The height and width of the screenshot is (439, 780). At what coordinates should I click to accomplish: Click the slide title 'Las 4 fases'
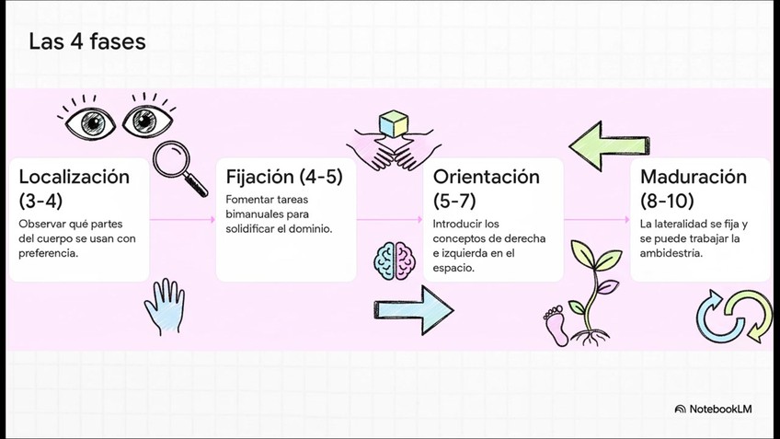point(86,41)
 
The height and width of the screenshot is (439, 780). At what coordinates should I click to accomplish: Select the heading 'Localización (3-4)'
point(75,188)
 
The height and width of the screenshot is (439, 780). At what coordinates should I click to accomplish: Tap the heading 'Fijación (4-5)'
point(278,176)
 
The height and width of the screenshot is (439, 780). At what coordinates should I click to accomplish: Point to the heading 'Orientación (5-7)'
point(486,188)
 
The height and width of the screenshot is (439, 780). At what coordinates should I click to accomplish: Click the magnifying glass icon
point(180,168)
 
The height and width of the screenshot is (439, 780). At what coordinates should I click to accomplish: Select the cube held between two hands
point(396,123)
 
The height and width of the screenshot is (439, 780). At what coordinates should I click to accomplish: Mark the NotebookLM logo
point(713,409)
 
